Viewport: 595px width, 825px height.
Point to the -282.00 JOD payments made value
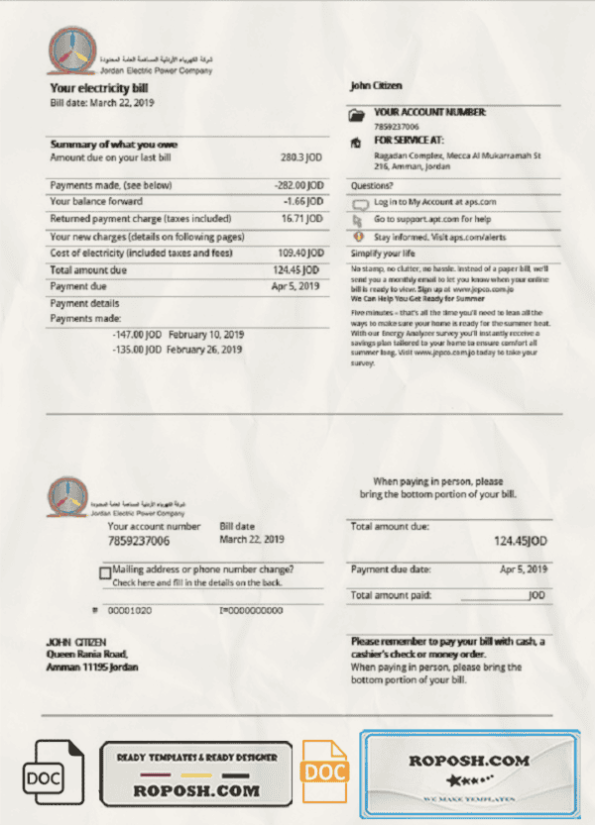(x=298, y=185)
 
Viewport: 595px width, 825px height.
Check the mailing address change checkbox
(x=105, y=572)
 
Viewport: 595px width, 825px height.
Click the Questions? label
(x=372, y=185)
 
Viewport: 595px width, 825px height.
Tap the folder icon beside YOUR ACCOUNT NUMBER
(x=357, y=116)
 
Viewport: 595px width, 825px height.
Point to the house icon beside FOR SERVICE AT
(x=357, y=143)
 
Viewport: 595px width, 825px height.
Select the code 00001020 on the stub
(x=129, y=611)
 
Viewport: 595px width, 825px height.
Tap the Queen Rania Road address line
(x=87, y=655)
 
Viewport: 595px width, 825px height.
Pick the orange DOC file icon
(x=323, y=771)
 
